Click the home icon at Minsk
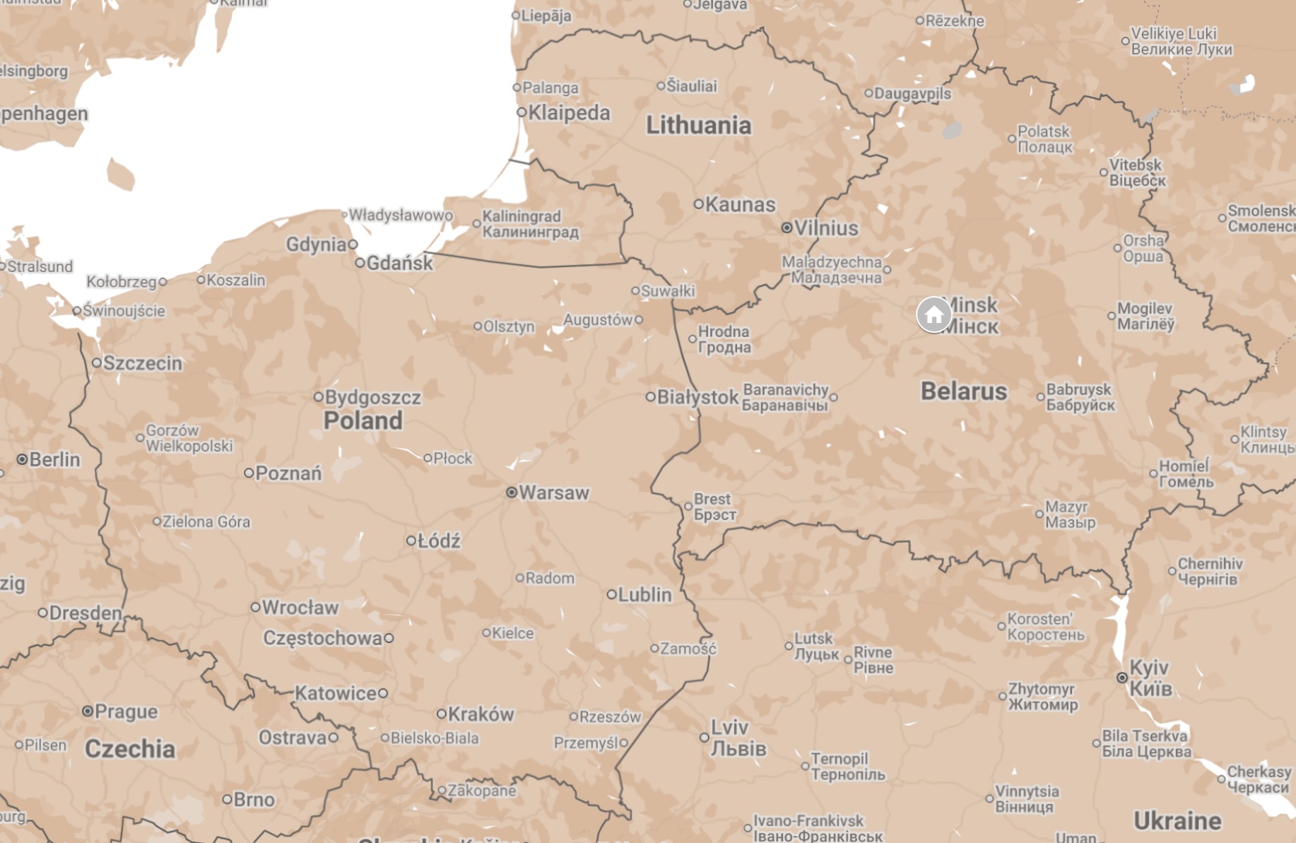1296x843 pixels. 933,314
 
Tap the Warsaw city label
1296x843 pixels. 553,493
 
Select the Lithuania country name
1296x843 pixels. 698,125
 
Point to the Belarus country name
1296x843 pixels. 963,391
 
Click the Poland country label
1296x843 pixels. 363,420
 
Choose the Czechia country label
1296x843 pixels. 130,748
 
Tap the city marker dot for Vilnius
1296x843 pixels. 787,228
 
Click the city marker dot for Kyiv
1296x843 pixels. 1121,678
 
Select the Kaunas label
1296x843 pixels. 740,204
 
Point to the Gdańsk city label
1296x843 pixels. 399,263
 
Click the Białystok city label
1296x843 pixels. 697,397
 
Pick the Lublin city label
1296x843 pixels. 644,594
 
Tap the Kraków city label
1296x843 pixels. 481,714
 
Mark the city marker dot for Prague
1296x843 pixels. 88,711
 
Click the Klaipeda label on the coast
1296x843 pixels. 569,112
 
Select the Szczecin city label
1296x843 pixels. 142,363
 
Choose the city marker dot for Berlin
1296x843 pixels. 22,459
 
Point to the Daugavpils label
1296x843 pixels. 912,93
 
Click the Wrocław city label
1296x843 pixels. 300,607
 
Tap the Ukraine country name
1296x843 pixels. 1177,820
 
